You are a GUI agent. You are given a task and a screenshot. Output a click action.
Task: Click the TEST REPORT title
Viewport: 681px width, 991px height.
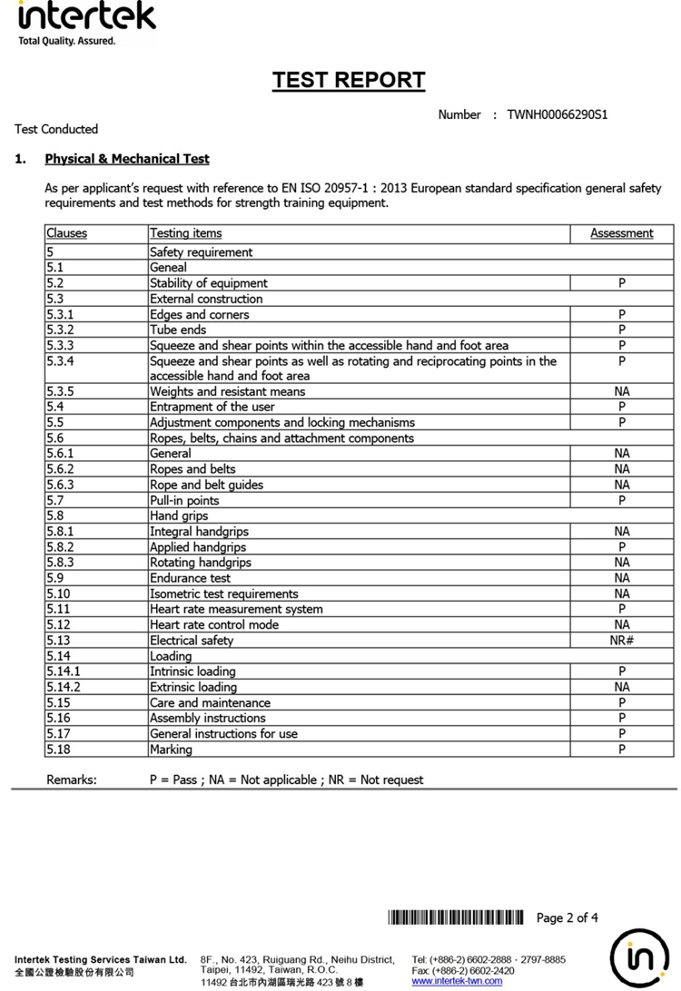[x=349, y=81]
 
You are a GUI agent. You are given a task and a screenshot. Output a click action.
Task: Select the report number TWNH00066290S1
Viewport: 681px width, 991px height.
[x=557, y=114]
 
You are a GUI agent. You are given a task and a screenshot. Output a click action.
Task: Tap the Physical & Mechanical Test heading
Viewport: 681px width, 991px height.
[x=127, y=159]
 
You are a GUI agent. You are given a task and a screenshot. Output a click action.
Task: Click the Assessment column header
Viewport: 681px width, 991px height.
[x=621, y=233]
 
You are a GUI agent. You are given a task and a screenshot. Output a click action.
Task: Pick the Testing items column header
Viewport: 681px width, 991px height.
[x=185, y=233]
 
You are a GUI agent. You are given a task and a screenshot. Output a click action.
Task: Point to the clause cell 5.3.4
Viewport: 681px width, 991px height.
[x=60, y=361]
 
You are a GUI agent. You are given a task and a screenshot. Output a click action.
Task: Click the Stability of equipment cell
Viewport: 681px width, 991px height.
[x=209, y=283]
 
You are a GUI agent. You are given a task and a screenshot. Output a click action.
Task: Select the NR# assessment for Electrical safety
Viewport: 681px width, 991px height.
[x=621, y=641]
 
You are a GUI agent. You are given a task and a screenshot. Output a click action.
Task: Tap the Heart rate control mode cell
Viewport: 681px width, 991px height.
[x=214, y=625]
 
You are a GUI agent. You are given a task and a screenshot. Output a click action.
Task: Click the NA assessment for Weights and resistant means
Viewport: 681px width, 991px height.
[x=621, y=392]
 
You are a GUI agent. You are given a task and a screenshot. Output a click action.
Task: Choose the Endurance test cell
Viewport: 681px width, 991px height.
[x=190, y=578]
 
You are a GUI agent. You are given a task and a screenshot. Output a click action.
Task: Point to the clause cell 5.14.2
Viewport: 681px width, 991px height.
[x=64, y=687]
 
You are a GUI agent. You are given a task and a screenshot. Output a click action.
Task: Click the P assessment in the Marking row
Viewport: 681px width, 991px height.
[x=621, y=750]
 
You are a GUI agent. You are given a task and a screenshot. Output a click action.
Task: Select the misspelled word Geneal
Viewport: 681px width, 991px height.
[x=168, y=268]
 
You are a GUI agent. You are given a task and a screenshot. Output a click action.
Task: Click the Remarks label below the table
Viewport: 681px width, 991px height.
[x=71, y=780]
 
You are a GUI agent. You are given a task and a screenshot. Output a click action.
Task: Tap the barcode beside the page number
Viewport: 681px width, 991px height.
[x=455, y=917]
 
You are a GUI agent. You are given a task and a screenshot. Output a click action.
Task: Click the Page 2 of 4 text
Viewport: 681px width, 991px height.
[x=567, y=917]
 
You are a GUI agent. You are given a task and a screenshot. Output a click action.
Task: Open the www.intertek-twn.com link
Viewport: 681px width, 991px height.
[x=457, y=981]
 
